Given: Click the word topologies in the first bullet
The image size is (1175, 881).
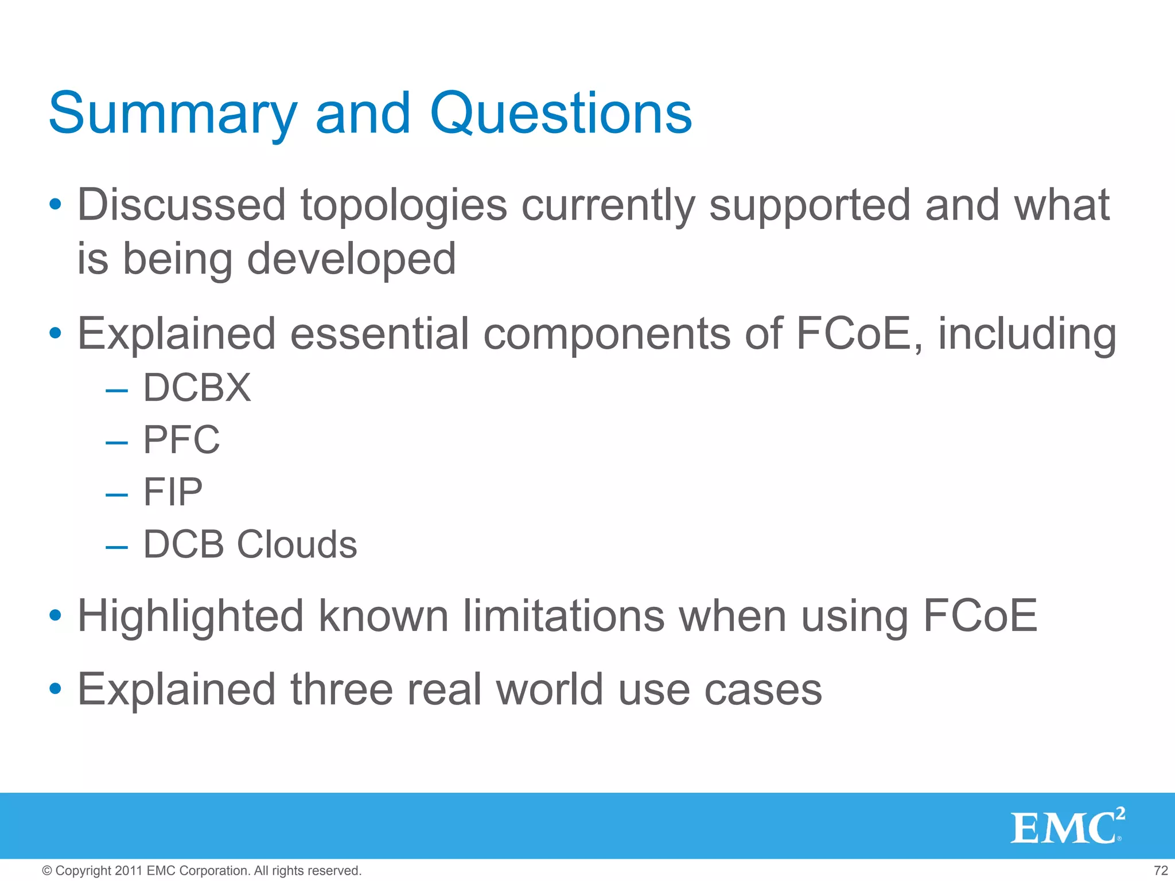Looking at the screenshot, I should [x=404, y=206].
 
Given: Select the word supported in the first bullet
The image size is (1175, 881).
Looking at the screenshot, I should [x=810, y=206].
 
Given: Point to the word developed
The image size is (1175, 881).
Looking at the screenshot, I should [x=351, y=259].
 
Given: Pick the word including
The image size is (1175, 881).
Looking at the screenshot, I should [x=1027, y=335].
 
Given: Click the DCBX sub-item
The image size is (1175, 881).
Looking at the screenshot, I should [x=197, y=388].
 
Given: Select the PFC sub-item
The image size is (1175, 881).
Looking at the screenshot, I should [x=181, y=440].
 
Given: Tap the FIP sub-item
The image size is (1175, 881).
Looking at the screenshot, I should [x=173, y=492].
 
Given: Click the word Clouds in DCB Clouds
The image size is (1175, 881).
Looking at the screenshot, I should [x=297, y=544].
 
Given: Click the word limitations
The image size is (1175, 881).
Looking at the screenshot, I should [x=563, y=617].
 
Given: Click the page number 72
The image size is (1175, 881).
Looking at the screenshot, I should [x=1160, y=871].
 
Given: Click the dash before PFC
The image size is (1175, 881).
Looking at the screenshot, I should [x=116, y=442].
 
